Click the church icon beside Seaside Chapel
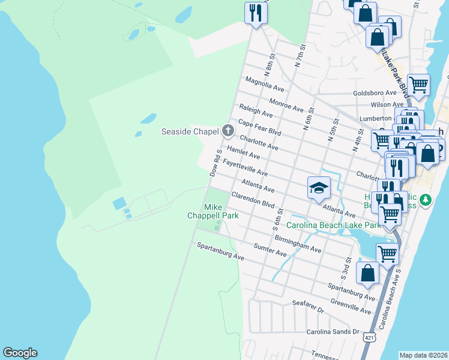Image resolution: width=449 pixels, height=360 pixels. click(x=228, y=130)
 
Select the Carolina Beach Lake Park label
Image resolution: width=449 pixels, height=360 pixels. click(x=333, y=226)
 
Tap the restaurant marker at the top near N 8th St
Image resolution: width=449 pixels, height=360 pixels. click(x=256, y=13)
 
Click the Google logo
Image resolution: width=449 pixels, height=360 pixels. click(x=20, y=353)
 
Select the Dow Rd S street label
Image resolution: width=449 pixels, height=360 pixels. click(x=216, y=163)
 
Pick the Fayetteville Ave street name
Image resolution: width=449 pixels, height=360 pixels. click(x=245, y=168)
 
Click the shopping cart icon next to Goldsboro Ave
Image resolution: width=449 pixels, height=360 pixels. click(x=418, y=85)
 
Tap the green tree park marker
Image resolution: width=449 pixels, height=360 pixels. click(x=425, y=199)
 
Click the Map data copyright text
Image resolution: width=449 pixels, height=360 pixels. click(x=423, y=355)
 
